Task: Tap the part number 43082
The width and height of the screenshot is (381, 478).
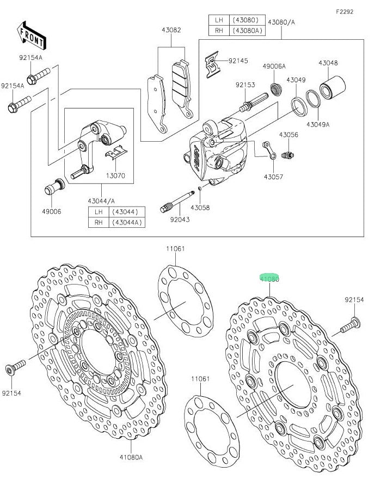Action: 171,31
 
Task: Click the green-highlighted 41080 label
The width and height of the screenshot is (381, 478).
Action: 269,279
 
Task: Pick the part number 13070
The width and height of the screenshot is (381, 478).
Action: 116,176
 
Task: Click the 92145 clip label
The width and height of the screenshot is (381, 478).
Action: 238,60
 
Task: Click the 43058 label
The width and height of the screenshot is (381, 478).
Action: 200,208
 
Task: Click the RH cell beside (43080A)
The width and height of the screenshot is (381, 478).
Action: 219,31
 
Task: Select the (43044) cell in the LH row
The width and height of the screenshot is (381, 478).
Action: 125,211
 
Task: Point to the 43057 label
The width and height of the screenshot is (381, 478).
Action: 273,177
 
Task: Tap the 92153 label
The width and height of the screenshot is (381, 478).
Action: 245,84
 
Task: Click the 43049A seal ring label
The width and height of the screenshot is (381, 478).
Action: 317,124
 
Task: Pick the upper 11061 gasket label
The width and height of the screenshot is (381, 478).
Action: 175,249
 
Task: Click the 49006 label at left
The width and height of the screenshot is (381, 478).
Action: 52,211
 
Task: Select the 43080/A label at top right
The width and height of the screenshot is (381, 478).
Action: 281,22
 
